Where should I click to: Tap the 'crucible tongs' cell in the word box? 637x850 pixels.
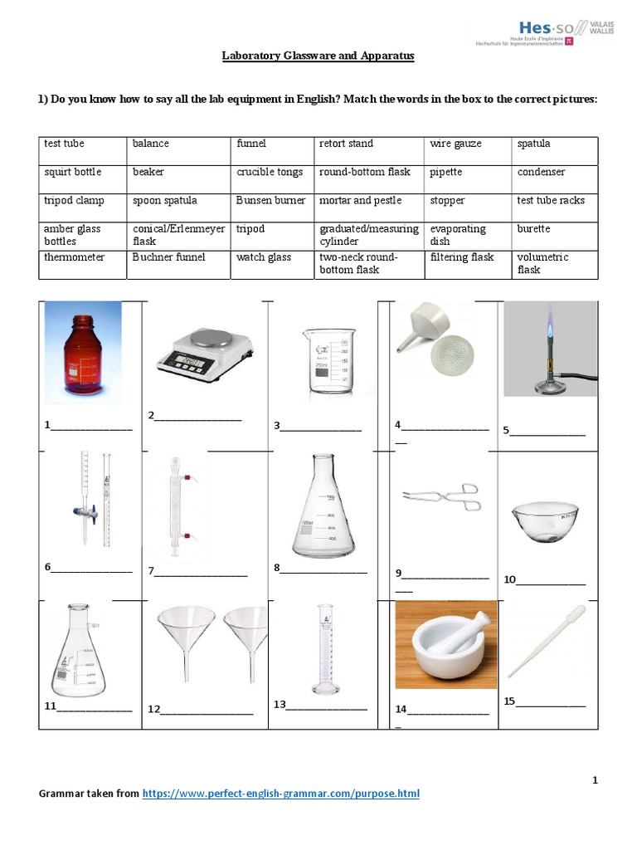pos(270,172)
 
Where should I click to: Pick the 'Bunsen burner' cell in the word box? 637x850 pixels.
pos(270,200)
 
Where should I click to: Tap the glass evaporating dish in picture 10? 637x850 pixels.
pos(545,520)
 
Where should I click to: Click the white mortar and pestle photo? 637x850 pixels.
pos(445,646)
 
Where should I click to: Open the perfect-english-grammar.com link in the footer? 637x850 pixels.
pos(280,794)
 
